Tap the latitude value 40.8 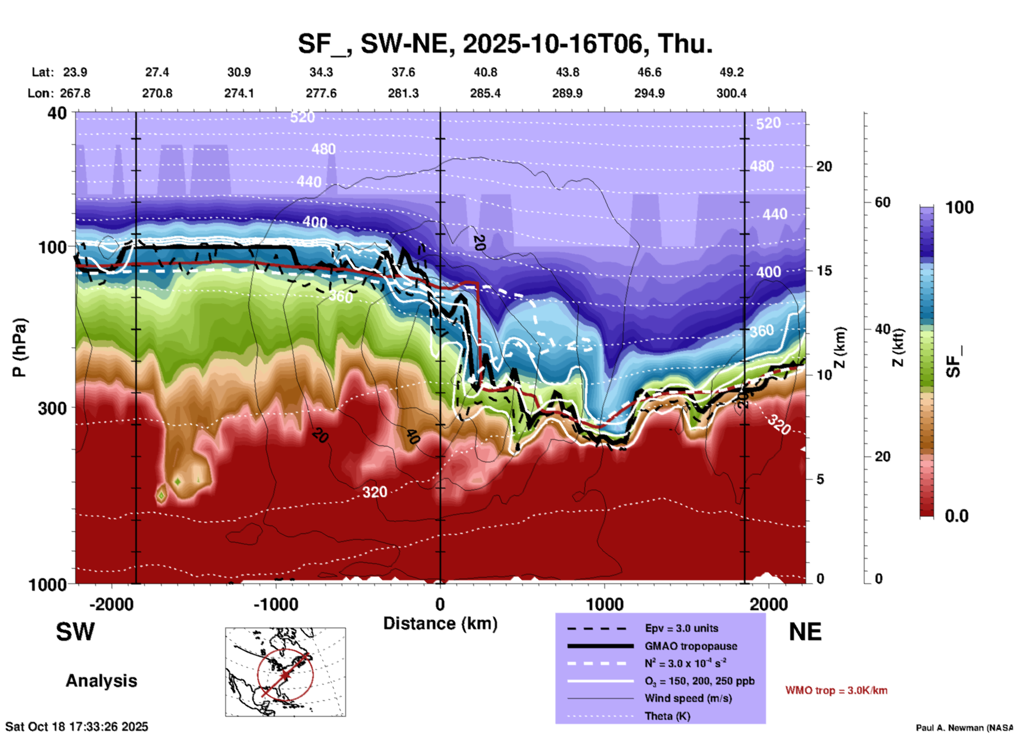(485, 72)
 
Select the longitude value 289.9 (567, 93)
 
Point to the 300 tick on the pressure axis (53, 408)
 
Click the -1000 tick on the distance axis (276, 604)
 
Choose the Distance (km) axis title (440, 623)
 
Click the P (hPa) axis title (19, 348)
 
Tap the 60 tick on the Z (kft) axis (882, 202)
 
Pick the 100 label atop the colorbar (959, 207)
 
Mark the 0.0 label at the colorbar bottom (956, 515)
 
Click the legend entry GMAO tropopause (690, 646)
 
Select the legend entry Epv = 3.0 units (681, 628)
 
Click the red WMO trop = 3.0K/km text (836, 690)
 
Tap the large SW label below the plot (75, 632)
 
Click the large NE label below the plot (805, 632)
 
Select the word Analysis (101, 681)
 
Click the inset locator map (285, 672)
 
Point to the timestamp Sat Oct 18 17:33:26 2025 (77, 727)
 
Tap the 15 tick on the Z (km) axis (824, 271)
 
